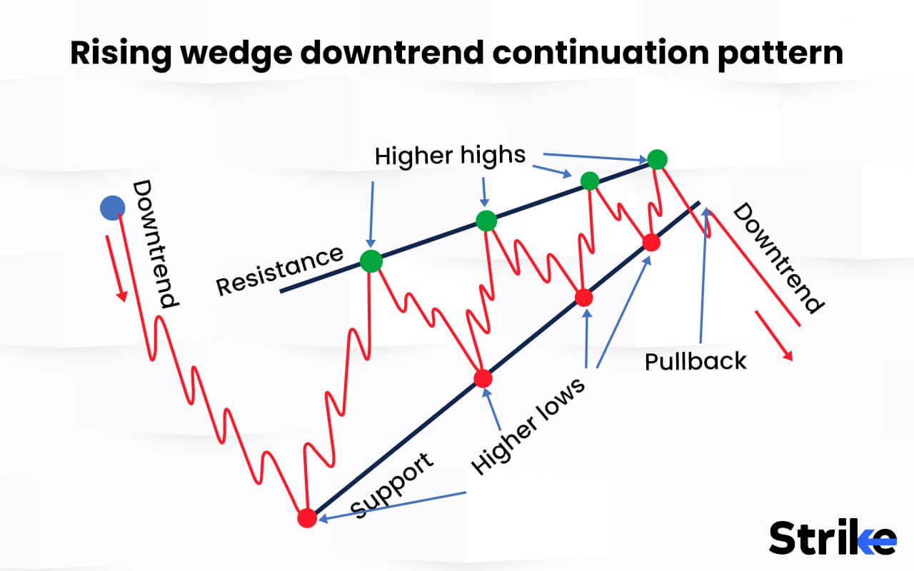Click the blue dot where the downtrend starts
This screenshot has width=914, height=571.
(112, 208)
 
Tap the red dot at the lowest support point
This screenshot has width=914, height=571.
(307, 518)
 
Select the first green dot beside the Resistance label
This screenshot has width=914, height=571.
(371, 261)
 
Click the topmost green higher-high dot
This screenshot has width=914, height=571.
(657, 158)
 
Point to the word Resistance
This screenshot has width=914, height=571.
(279, 271)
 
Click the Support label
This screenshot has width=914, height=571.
(392, 485)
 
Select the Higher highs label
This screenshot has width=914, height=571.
(450, 155)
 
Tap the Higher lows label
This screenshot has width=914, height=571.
(528, 425)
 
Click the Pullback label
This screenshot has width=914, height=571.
(695, 361)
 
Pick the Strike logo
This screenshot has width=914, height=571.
(832, 537)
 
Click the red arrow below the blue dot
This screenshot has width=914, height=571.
(117, 268)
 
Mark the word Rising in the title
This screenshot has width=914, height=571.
(114, 54)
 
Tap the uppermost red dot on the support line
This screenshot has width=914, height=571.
(651, 242)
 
